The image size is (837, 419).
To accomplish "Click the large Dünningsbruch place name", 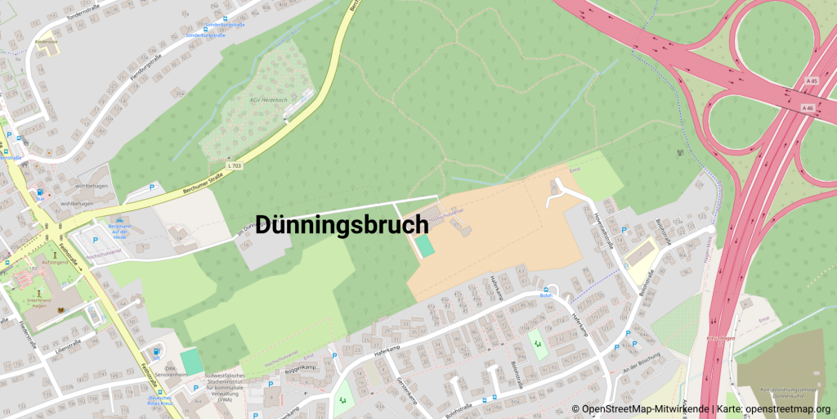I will pos(342,225).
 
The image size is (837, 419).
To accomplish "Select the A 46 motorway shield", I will pos(808,107).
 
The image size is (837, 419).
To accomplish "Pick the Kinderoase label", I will pos(46,40).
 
